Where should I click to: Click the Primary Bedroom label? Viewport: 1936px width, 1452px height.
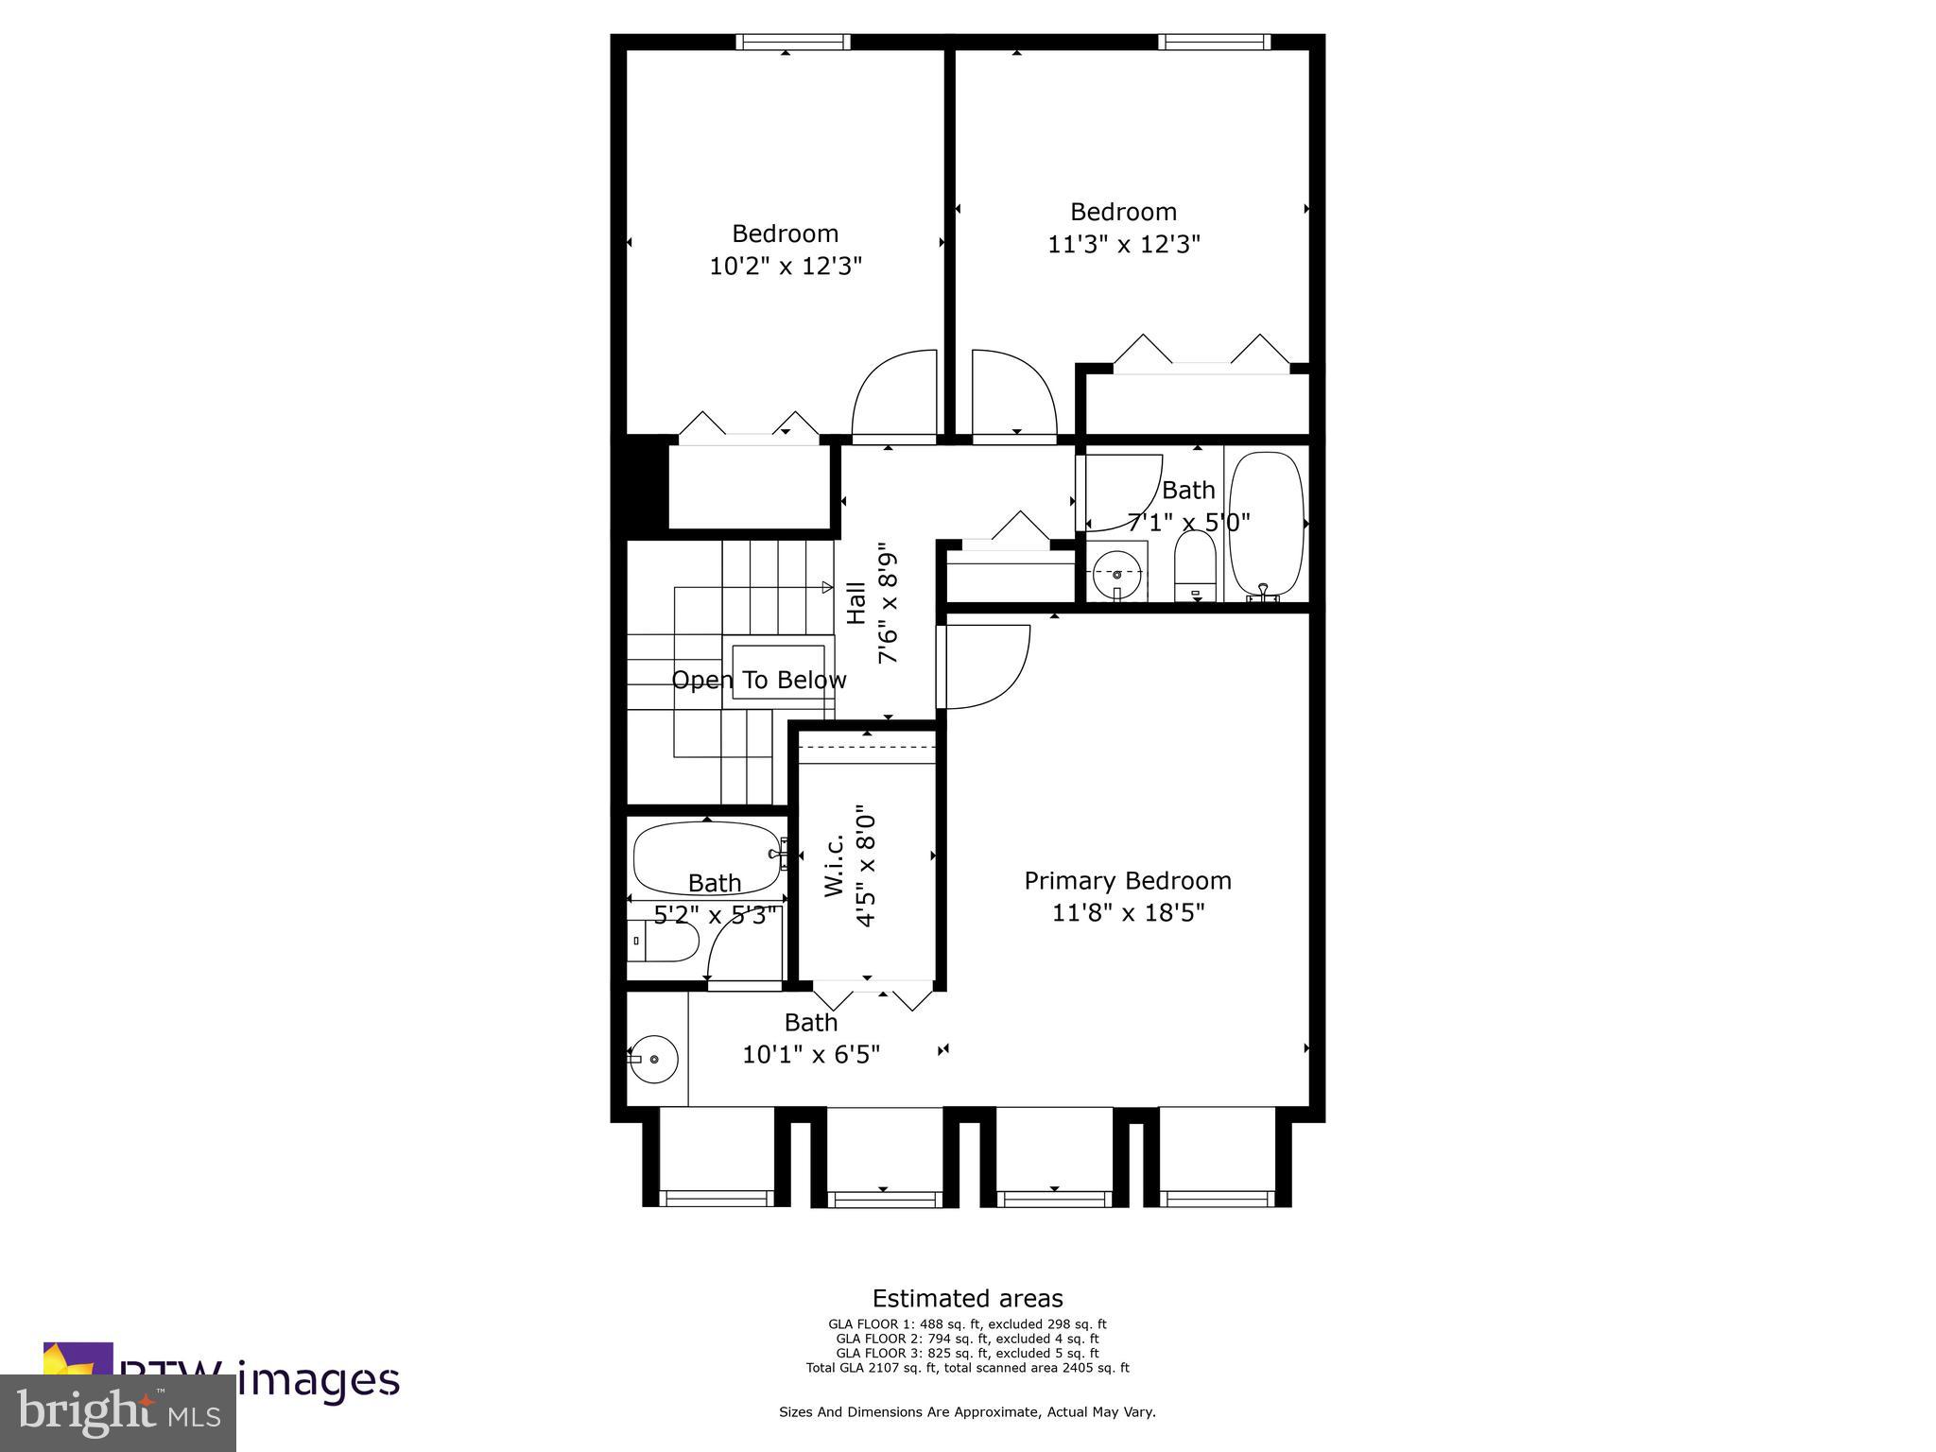point(1128,881)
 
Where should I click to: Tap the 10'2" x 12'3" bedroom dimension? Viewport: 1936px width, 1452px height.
point(786,267)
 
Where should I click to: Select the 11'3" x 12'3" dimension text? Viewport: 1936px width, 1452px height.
point(1124,245)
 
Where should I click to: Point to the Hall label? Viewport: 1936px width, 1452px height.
point(856,602)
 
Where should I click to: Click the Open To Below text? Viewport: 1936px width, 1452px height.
point(759,680)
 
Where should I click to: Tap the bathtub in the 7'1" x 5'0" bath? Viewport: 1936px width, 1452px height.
point(1267,525)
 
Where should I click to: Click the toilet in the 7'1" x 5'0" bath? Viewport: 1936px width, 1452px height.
point(1196,565)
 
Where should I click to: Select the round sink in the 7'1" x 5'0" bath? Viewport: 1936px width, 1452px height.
point(1116,573)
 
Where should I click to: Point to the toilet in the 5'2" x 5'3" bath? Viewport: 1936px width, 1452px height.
point(664,941)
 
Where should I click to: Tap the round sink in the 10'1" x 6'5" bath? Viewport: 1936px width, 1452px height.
point(654,1059)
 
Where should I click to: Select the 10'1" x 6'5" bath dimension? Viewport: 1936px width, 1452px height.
point(811,1054)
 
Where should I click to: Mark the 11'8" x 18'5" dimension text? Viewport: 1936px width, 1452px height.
point(1128,913)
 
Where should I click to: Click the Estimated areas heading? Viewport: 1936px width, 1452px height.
point(967,1298)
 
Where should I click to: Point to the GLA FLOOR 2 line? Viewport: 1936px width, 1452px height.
point(967,1339)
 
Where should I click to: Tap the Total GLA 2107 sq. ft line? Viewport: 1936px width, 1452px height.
point(967,1367)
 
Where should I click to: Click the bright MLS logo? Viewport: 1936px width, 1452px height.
point(118,1412)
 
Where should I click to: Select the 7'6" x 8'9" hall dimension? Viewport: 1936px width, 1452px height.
point(889,602)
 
